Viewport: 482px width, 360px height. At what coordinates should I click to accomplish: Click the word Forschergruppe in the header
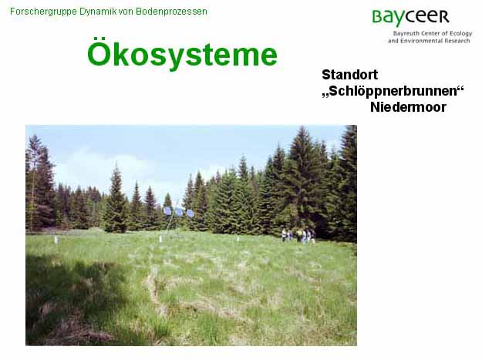[x=43, y=12]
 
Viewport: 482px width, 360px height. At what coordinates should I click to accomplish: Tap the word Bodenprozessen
[x=171, y=12]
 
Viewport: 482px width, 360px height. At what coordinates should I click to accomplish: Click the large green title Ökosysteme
[x=182, y=54]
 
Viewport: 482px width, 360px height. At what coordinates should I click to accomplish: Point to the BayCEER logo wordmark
[x=411, y=17]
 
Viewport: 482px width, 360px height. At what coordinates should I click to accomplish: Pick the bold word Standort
[x=350, y=75]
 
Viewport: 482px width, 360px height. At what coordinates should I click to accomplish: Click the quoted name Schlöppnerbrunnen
[x=393, y=91]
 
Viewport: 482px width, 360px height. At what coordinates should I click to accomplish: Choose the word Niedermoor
[x=408, y=107]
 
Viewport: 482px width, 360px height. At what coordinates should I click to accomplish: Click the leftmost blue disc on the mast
[x=167, y=210]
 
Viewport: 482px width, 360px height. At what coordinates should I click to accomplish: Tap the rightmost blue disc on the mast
[x=190, y=214]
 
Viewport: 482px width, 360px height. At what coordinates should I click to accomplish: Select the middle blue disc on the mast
[x=179, y=212]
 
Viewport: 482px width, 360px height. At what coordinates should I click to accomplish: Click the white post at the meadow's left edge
[x=56, y=240]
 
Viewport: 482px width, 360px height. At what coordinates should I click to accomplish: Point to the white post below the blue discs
[x=160, y=239]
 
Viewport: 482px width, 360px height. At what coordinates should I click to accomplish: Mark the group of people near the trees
[x=298, y=235]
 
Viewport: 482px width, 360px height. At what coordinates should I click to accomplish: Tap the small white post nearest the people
[x=238, y=238]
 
